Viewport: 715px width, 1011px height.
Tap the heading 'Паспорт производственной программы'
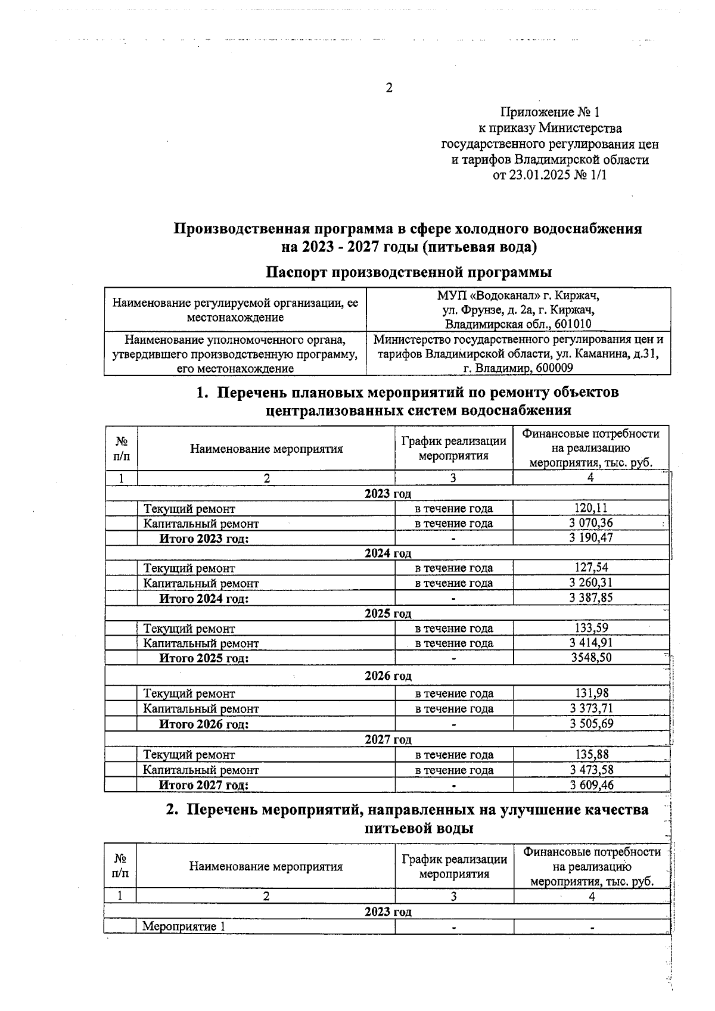pos(409,272)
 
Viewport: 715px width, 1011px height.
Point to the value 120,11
pos(590,508)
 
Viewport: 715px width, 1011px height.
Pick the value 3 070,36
pos(590,523)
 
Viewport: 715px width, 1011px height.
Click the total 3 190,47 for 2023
pos(590,538)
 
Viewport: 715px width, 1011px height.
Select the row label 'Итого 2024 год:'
pos(204,599)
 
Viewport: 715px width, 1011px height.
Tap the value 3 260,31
pos(590,583)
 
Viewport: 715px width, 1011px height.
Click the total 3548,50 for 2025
pos(590,658)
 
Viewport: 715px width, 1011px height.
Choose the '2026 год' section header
pos(388,676)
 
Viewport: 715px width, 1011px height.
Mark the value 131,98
pos(590,693)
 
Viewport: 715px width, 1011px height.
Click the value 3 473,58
pos(590,770)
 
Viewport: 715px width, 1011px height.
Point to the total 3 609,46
pos(590,785)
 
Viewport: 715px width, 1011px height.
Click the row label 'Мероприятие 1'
pos(184,926)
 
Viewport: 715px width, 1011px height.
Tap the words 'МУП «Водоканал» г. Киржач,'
pos(518,295)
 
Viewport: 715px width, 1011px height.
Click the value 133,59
pos(590,628)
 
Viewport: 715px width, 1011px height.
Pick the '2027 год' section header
pos(388,739)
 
